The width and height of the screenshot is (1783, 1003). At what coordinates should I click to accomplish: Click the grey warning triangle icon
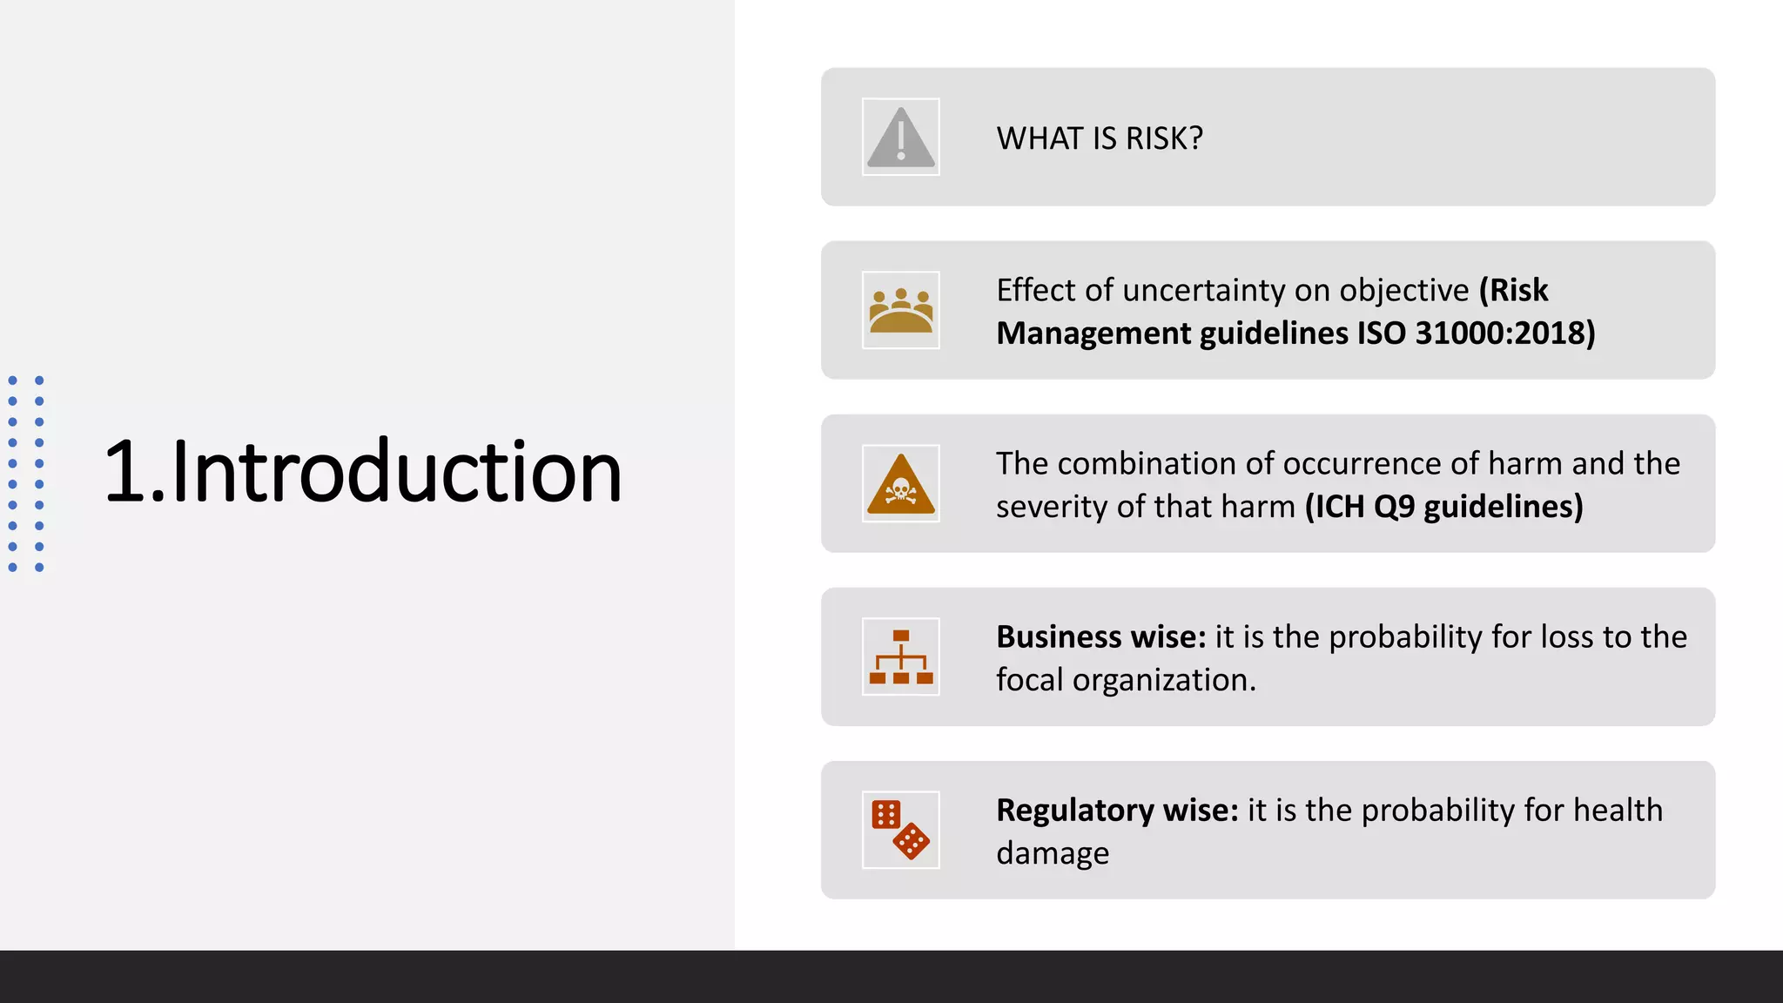(900, 137)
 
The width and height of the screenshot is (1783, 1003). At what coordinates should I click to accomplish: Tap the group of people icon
(900, 310)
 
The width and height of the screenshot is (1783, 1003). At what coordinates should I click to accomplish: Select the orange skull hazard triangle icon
(900, 484)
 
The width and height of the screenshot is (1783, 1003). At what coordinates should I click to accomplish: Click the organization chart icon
(900, 656)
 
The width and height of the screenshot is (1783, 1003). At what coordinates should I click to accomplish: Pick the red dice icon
(900, 830)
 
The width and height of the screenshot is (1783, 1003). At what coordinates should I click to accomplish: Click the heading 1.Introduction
(362, 472)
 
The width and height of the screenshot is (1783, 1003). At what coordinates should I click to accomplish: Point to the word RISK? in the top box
(1164, 138)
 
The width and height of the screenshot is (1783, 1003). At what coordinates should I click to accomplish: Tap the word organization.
(1164, 680)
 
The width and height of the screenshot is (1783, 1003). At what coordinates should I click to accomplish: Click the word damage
(1053, 854)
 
